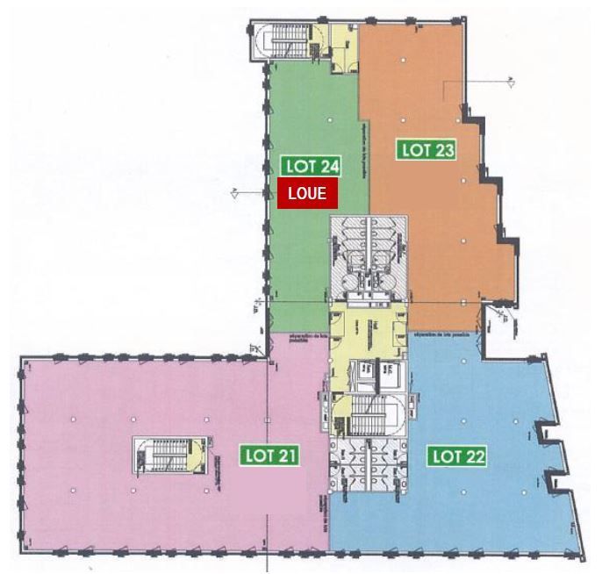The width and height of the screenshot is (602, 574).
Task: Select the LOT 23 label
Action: [427, 149]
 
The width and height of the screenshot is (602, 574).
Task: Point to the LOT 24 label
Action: [312, 165]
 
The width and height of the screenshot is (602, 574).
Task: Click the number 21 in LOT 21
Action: [286, 456]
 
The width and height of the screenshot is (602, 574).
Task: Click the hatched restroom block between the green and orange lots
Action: [369, 255]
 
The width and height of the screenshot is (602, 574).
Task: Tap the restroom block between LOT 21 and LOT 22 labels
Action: [369, 465]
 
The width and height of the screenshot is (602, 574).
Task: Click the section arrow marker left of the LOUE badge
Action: [236, 193]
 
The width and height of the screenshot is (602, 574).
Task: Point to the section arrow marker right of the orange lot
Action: [507, 82]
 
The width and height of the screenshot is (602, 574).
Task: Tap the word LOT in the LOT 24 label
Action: [297, 165]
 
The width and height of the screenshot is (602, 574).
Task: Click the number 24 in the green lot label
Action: [328, 165]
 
